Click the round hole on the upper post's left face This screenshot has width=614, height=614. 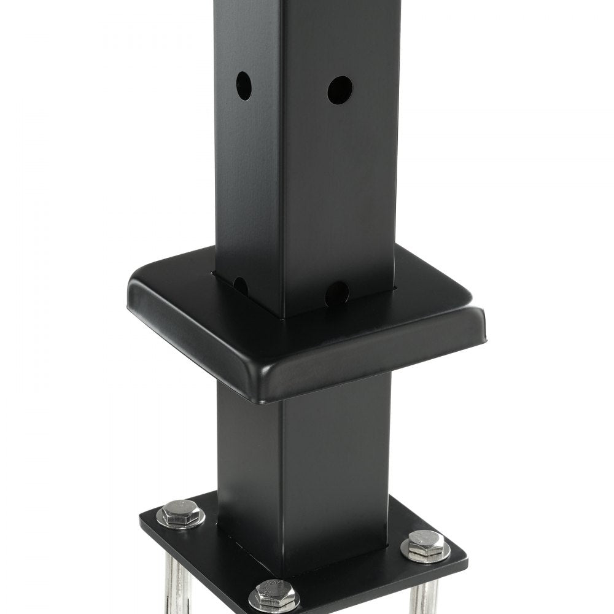pyautogui.click(x=244, y=86)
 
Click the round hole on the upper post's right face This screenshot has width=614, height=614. pyautogui.click(x=340, y=90)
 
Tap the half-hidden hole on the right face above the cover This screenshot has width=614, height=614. pyautogui.click(x=337, y=292)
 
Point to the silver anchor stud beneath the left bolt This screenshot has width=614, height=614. pyautogui.click(x=173, y=577)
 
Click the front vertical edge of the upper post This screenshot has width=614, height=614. pyautogui.click(x=282, y=153)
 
